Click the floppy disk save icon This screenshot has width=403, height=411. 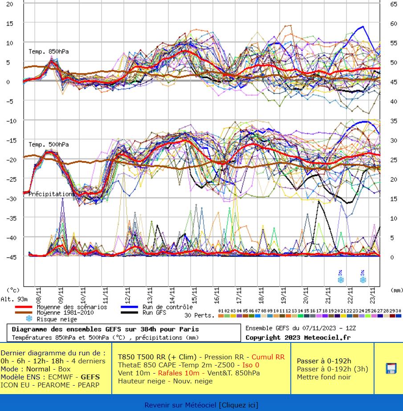(391, 368)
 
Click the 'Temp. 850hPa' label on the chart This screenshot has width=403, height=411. (49, 52)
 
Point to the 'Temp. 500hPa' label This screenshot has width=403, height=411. (49, 145)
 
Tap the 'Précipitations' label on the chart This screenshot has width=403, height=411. (51, 194)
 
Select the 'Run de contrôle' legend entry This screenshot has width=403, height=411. (167, 307)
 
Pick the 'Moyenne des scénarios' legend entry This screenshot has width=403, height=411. (72, 307)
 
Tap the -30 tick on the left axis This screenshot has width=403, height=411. (9, 199)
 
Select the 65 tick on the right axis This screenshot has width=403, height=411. (394, 4)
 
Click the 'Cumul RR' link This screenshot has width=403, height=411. (268, 357)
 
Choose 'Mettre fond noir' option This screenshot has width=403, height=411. (324, 377)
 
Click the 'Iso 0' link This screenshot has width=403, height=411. (251, 365)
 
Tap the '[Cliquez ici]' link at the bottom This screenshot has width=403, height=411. (238, 405)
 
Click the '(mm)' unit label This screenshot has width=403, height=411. (396, 290)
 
